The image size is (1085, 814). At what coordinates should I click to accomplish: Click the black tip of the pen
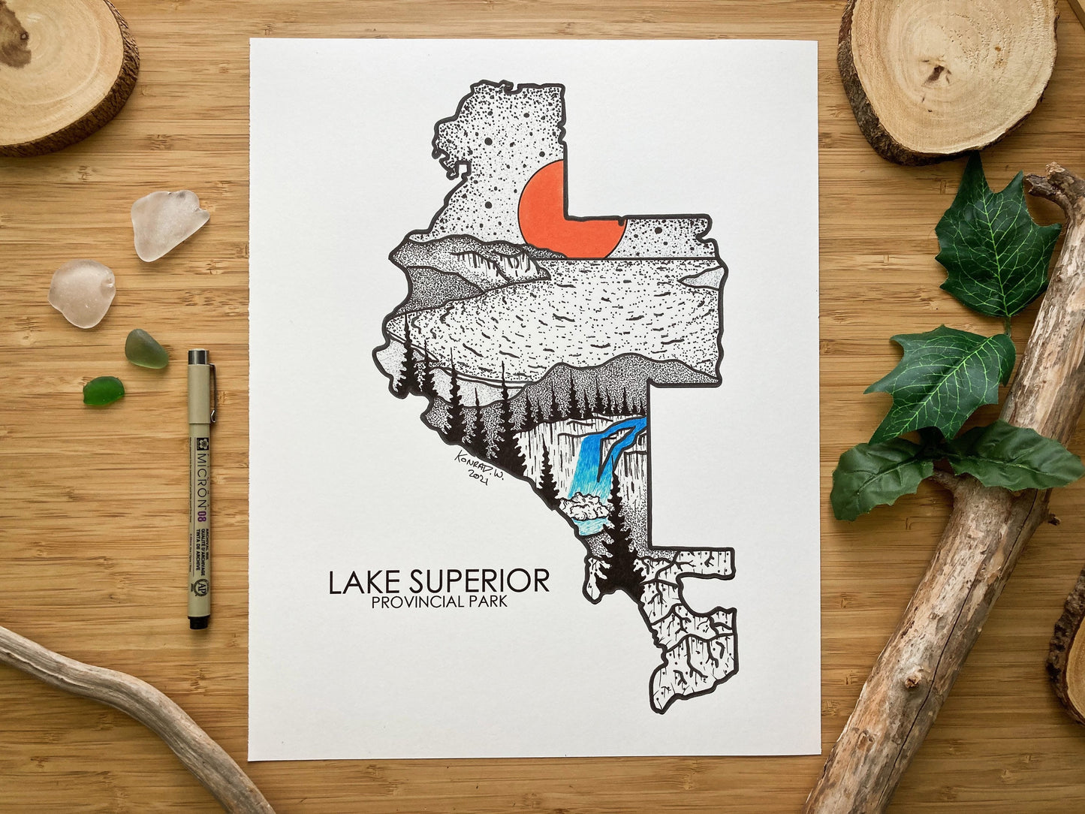tap(197, 622)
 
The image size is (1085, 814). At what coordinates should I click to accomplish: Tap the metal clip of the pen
tap(212, 390)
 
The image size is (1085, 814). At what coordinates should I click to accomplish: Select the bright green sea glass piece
tap(103, 391)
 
